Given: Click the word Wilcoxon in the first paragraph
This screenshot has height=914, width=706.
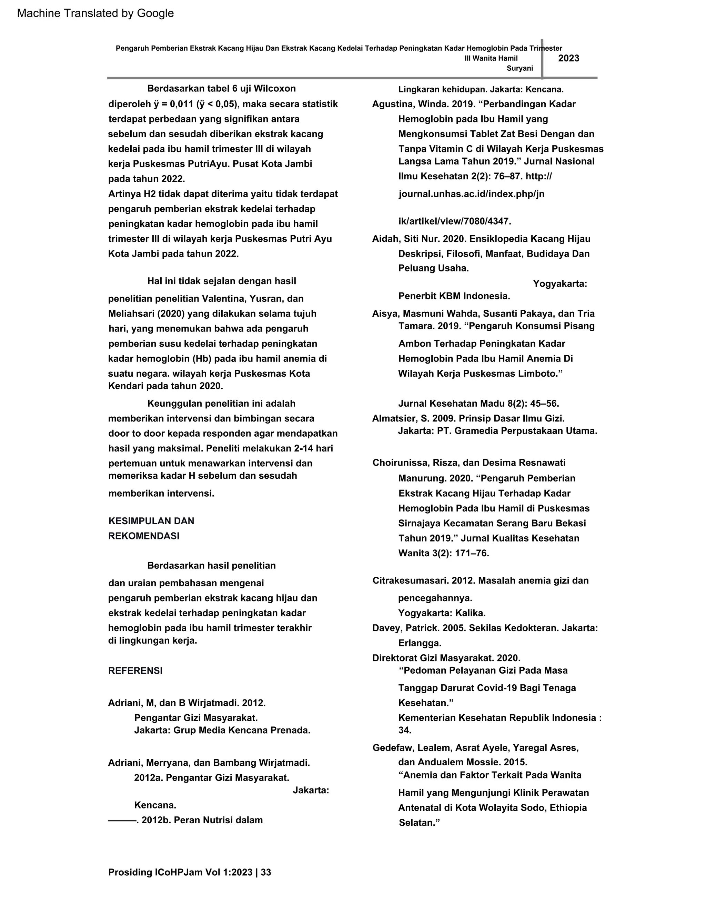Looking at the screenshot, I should (274, 89).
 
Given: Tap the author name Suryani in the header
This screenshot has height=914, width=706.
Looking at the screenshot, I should (520, 68).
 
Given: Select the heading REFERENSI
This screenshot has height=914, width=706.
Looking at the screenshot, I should (135, 671).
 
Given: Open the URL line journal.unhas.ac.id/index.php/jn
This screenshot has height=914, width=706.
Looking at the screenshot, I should (471, 194).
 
